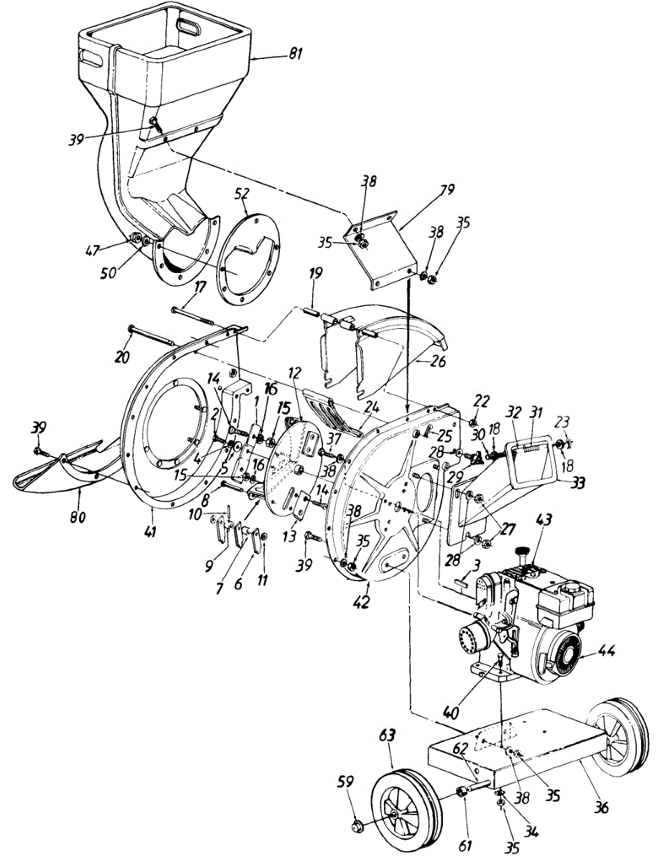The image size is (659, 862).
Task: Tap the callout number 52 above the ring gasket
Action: [x=242, y=193]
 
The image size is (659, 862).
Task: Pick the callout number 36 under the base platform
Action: [x=601, y=807]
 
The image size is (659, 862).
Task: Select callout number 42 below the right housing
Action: [x=361, y=602]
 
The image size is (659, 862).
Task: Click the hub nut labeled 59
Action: [x=357, y=828]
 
